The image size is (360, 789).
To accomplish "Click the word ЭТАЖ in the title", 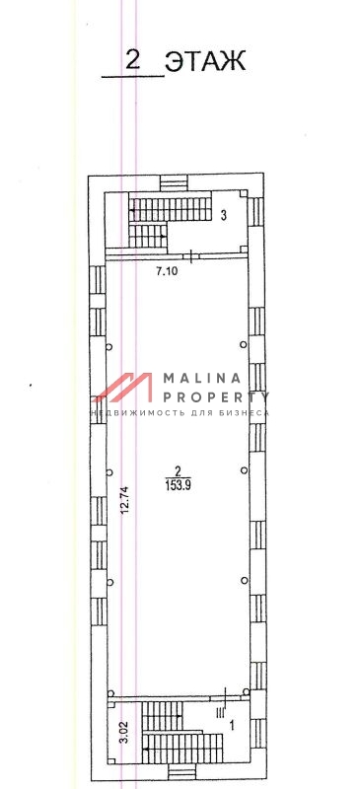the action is pos(205,60).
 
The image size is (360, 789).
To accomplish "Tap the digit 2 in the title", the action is pos(132,60).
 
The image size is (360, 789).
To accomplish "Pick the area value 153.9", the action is pos(178,485).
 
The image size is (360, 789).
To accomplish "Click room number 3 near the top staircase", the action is pos(224,215).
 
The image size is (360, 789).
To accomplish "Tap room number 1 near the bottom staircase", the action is pos(232,726).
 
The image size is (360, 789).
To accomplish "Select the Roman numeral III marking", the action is pos(220,711).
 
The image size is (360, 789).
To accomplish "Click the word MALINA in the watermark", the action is pos(201,378).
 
